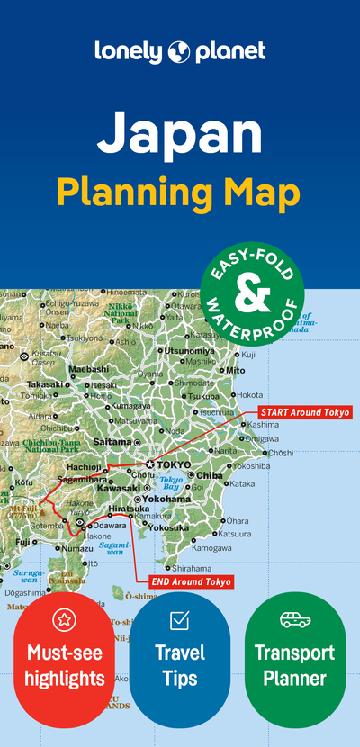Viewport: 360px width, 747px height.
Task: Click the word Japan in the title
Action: (x=180, y=132)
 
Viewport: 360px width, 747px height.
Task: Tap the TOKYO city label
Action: (x=175, y=464)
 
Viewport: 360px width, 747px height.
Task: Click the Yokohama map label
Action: (x=166, y=499)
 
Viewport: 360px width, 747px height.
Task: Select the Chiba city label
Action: (x=209, y=475)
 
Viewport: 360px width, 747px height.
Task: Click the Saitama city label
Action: (x=112, y=442)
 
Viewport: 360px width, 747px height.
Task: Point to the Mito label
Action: (x=235, y=370)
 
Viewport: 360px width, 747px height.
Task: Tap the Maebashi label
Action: (x=89, y=369)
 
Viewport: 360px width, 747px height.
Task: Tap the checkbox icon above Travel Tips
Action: (x=179, y=620)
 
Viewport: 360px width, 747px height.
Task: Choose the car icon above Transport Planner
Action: (x=295, y=620)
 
